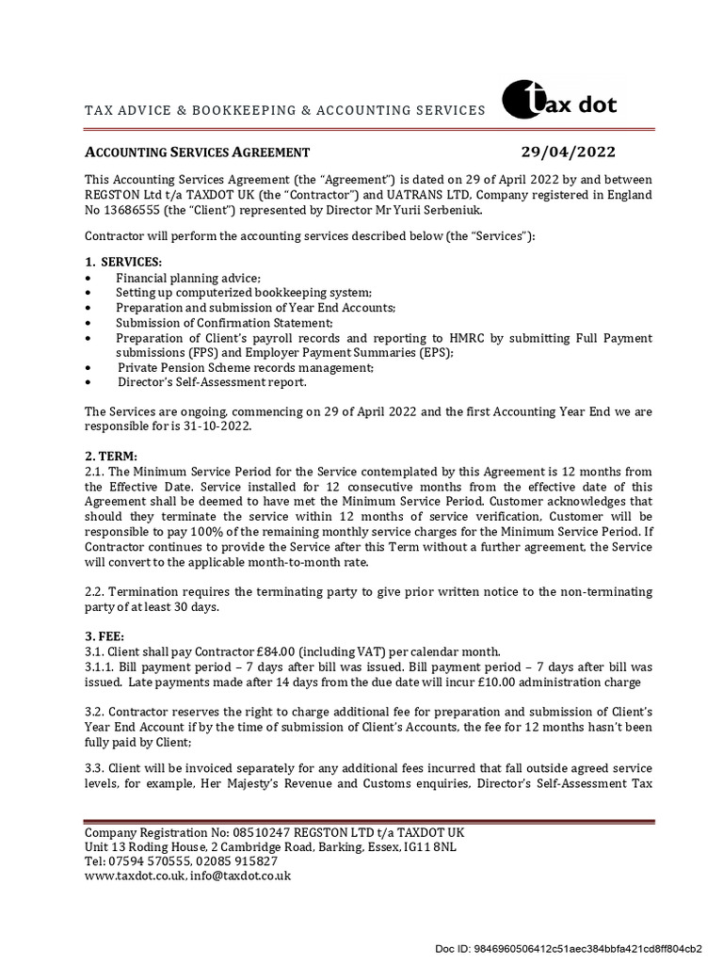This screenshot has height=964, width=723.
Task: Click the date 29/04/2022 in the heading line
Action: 569,153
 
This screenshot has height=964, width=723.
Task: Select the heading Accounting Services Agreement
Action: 198,153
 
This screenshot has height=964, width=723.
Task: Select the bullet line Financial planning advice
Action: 188,278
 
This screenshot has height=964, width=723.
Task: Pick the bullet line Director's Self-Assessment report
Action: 212,383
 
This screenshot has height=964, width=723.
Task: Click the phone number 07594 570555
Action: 151,861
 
